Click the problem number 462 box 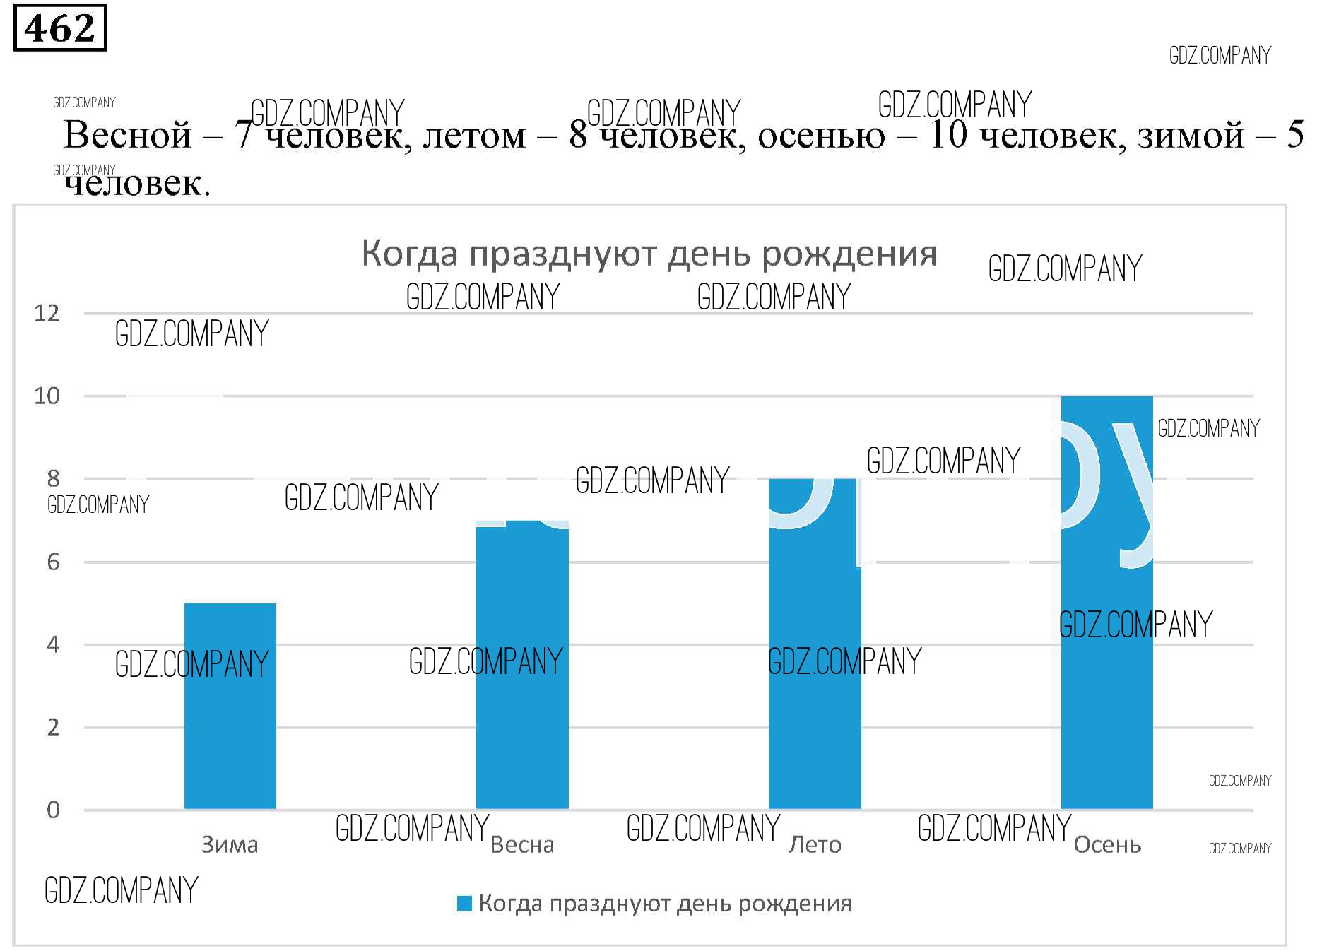tap(60, 28)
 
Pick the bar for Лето tap(814, 643)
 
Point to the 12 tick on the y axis tap(47, 313)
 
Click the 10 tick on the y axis tap(47, 396)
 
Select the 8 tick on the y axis tap(53, 478)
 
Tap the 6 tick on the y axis tap(53, 562)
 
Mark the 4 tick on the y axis tap(53, 644)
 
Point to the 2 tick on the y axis tap(53, 727)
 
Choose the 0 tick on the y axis tap(53, 810)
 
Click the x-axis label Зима tap(230, 844)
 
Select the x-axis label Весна tap(522, 844)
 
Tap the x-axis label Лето tap(815, 844)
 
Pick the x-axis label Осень tap(1107, 844)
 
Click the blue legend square tap(464, 903)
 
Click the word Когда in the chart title tap(410, 254)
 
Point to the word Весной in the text tap(127, 134)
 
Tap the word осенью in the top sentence tap(821, 136)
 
